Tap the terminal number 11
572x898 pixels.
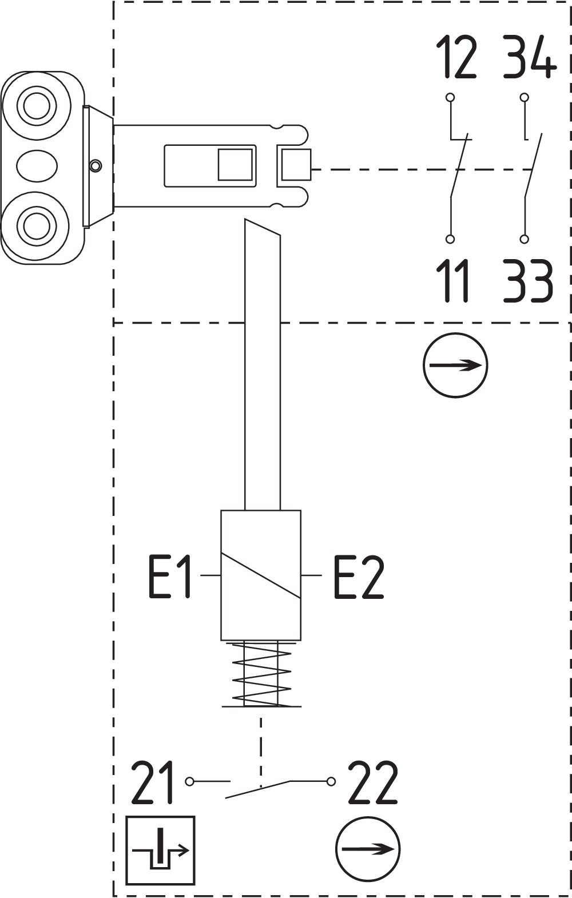(456, 281)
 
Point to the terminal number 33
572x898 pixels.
(528, 281)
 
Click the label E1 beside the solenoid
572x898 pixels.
(169, 577)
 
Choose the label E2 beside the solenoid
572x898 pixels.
(359, 577)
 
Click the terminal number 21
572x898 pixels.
(153, 783)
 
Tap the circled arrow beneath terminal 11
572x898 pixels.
(455, 365)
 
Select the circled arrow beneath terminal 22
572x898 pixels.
(367, 849)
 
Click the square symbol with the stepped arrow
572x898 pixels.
(161, 850)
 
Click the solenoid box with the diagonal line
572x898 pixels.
(261, 575)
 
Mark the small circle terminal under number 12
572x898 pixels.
(450, 97)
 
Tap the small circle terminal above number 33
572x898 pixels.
(524, 239)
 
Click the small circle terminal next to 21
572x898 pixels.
(190, 781)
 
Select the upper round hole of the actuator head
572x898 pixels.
(37, 106)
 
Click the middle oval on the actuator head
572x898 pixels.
(37, 166)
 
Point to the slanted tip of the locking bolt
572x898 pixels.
(262, 228)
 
